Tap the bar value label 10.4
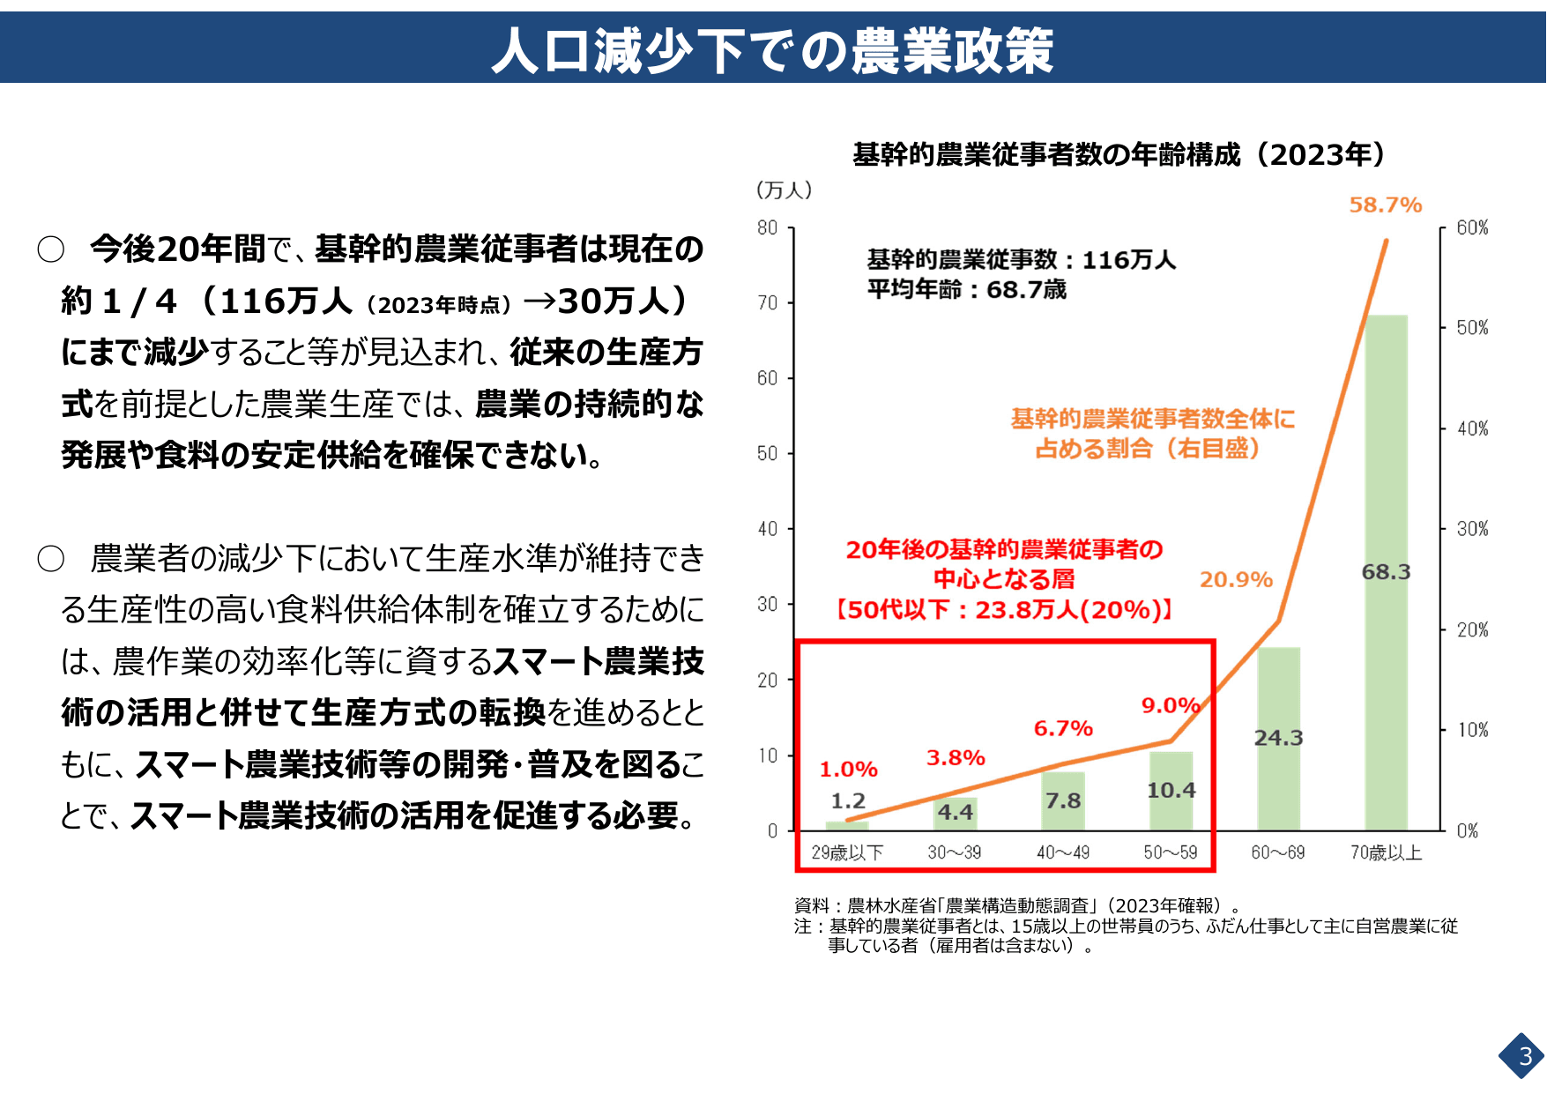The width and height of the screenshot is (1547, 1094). point(1171,791)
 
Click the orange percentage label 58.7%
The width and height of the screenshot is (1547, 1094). point(1385,205)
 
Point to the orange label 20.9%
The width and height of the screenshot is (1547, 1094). point(1235,580)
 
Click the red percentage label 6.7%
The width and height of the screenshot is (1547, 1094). point(1063,729)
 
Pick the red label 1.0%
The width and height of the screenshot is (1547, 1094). point(848,770)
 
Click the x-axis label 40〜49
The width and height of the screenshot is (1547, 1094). point(1063,852)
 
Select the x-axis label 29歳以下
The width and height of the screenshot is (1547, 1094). point(847,852)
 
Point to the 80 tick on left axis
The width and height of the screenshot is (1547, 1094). point(767,228)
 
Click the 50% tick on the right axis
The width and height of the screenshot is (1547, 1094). point(1471,328)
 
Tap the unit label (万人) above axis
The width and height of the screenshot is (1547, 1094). point(784,190)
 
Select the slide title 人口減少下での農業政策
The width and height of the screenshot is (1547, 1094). point(772,50)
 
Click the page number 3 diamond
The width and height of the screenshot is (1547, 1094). point(1524,1056)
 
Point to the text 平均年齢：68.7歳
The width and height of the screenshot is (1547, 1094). point(966,289)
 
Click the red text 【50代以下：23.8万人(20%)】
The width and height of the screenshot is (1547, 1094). point(1004,610)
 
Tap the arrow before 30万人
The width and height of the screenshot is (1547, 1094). point(539,301)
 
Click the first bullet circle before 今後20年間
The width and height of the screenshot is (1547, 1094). point(51,249)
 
